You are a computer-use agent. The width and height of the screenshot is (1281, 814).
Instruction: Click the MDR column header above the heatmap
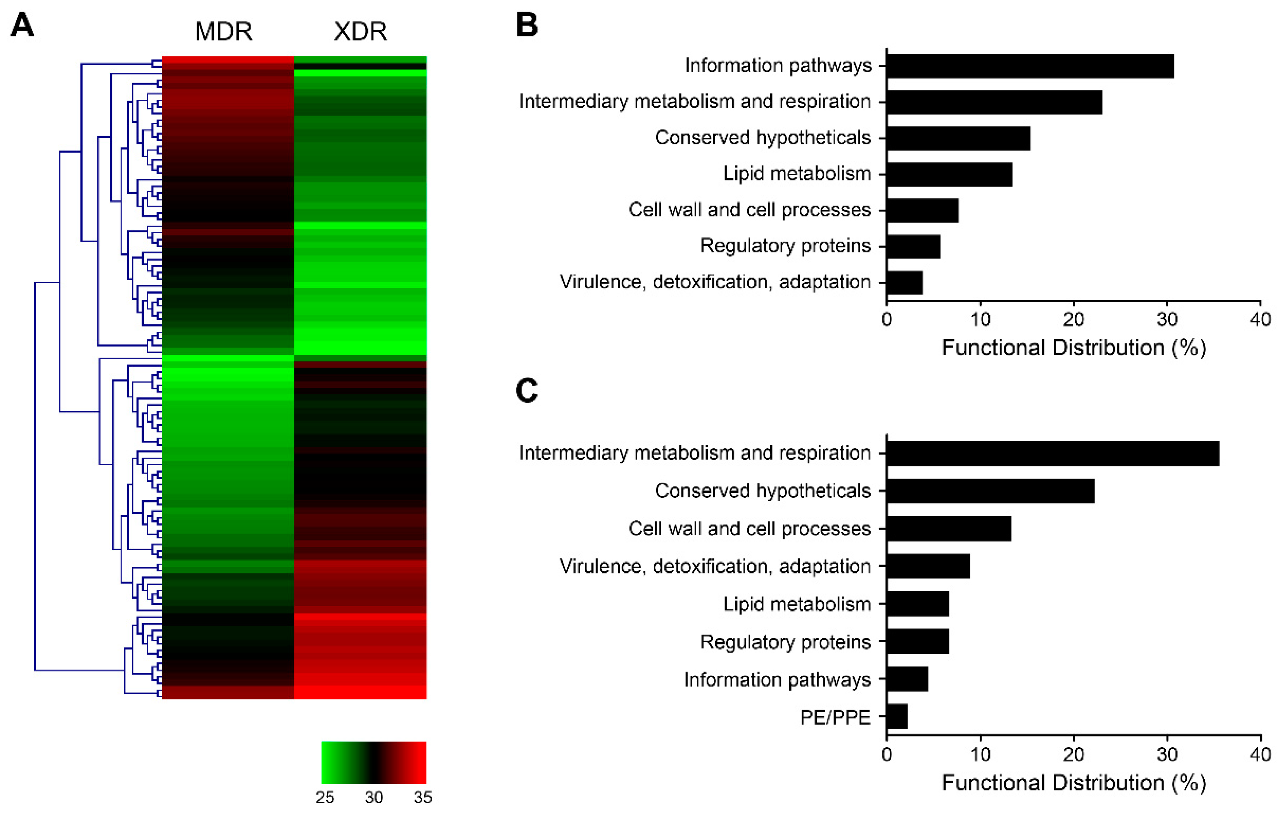223,31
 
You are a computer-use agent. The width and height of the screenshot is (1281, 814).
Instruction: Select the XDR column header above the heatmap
360,31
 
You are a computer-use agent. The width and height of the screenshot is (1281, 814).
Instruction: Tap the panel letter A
22,25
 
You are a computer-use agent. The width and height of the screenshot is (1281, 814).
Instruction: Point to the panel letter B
527,25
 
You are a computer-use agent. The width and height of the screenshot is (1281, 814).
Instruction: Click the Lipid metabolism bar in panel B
949,174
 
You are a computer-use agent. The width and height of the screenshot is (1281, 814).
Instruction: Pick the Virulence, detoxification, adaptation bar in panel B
904,282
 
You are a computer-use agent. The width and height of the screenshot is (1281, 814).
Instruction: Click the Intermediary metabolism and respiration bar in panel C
1052,453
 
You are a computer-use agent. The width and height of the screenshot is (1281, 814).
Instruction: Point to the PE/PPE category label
835,717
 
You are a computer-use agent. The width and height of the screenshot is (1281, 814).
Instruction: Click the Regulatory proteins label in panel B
785,246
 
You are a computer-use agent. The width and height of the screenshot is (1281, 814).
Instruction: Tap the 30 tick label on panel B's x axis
1167,319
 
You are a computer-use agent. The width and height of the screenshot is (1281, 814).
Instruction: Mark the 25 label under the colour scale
325,797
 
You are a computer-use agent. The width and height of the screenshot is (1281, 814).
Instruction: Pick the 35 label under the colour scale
422,797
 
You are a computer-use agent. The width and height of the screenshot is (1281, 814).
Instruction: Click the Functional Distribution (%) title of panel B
1074,348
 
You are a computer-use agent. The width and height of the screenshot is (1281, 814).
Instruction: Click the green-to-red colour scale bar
373,762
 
